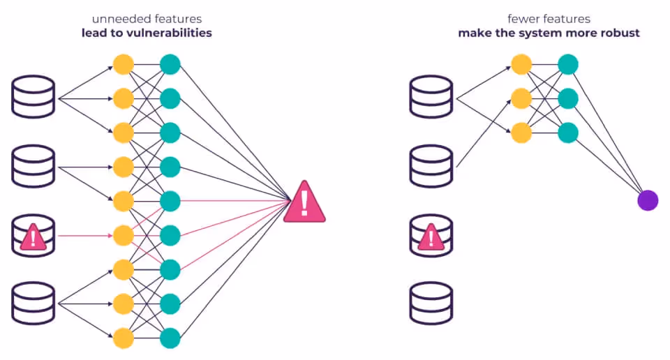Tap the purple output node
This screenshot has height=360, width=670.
coord(648,200)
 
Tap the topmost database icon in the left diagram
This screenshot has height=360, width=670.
coord(33,97)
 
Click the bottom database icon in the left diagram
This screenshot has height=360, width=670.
coord(33,303)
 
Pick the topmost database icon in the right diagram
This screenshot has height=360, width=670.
coord(431,97)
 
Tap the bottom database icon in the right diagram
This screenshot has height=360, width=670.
coord(431,303)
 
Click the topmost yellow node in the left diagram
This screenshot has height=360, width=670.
coord(124,65)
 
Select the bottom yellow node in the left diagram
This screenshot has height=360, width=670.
coord(124,338)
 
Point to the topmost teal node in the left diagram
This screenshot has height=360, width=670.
coord(170,65)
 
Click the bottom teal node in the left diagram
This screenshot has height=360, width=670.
coord(170,338)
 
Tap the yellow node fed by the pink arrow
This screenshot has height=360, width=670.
coord(124,236)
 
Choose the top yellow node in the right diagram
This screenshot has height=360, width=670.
coord(521,65)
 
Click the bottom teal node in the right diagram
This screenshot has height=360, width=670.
coord(567,133)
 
